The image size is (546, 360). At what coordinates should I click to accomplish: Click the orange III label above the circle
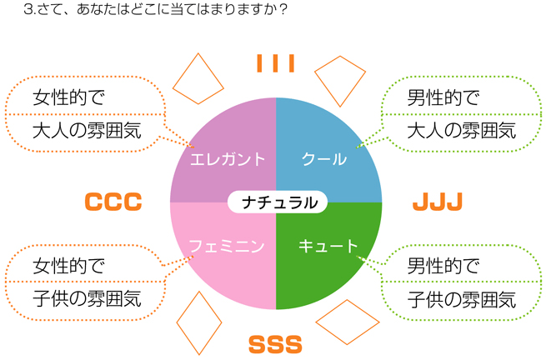pos(275,63)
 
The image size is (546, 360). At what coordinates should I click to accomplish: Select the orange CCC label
pos(113,202)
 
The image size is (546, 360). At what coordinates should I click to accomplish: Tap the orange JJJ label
pos(438,202)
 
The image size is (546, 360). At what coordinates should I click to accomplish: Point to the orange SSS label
pos(275,344)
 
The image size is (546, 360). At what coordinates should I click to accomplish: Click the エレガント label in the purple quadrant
pos(228,159)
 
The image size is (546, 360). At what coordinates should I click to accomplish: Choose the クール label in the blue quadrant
pos(324,159)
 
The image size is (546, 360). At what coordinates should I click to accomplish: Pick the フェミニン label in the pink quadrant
pos(227,246)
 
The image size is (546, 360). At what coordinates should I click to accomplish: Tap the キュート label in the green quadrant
pos(328,246)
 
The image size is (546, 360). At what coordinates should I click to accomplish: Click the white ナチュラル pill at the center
pos(278,202)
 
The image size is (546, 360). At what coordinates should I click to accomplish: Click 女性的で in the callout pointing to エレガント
pos(68,97)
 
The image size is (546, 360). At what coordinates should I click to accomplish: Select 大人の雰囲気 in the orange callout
pos(87,131)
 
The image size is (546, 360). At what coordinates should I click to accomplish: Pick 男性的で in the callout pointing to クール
pos(443,97)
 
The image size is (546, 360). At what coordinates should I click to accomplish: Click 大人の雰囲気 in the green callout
pos(462,131)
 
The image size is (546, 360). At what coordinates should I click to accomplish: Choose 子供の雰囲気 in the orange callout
pos(87,299)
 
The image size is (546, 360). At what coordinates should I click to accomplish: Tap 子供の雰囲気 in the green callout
pos(462,299)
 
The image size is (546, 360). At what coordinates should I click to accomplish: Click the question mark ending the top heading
pos(283,9)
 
